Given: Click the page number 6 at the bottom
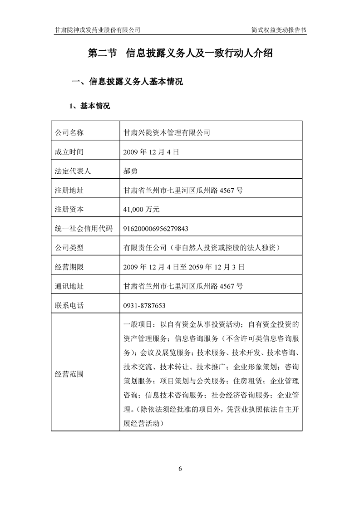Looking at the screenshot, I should tap(180, 469).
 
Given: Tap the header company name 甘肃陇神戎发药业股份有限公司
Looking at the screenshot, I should tap(97, 29).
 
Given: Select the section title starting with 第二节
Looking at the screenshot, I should tap(180, 53).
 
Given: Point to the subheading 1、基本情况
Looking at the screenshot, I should tap(89, 106).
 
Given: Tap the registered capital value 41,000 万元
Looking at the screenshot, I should tap(142, 210).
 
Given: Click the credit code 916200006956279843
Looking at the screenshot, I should tap(156, 229).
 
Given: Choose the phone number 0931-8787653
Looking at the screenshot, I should tap(144, 306).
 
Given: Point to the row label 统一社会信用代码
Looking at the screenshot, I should tap(84, 229).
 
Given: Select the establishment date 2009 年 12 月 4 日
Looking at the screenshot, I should tap(151, 152).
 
